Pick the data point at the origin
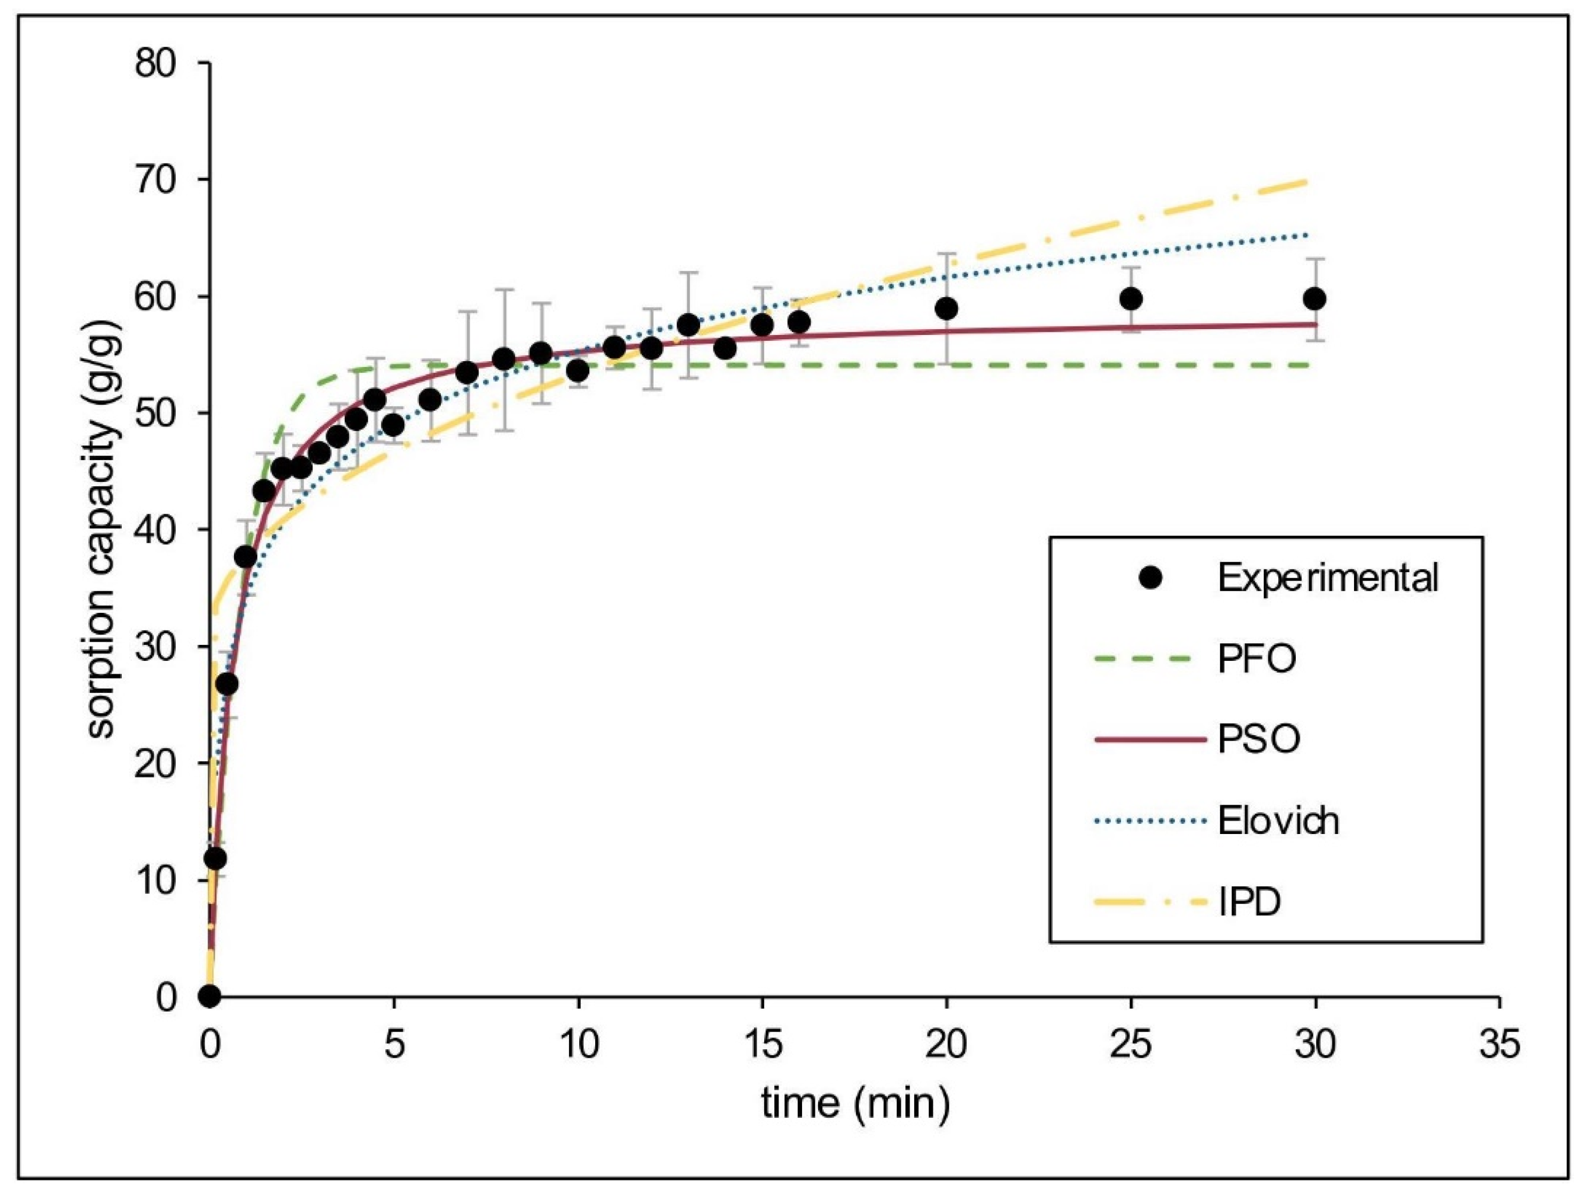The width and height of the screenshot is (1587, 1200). pyautogui.click(x=209, y=996)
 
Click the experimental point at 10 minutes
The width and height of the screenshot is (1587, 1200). pyautogui.click(x=578, y=371)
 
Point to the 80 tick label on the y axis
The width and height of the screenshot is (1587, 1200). pyautogui.click(x=155, y=64)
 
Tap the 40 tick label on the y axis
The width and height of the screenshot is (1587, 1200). pyautogui.click(x=155, y=530)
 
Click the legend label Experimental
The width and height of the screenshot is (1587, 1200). pyautogui.click(x=1328, y=578)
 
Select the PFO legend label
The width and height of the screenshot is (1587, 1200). pyautogui.click(x=1257, y=658)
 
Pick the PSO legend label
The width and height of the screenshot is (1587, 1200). pyautogui.click(x=1258, y=739)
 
